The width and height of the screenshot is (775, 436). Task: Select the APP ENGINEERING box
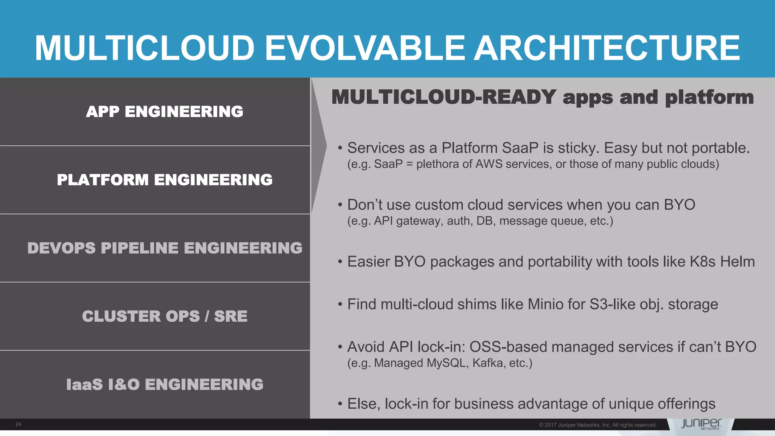pos(164,112)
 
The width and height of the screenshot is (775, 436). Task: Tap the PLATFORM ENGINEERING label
pos(165,180)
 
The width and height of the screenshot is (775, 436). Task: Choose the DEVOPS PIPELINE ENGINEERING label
pos(165,248)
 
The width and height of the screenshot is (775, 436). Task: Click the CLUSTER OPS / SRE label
pos(165,316)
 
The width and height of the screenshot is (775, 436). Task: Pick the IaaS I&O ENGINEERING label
pos(165,385)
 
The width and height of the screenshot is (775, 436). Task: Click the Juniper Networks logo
pos(701,424)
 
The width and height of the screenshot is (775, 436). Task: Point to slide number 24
pos(18,424)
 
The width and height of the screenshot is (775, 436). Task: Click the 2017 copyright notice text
pos(598,425)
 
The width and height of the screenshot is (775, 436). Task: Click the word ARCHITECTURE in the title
pos(607,48)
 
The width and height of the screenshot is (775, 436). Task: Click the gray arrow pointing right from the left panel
pos(319,146)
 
